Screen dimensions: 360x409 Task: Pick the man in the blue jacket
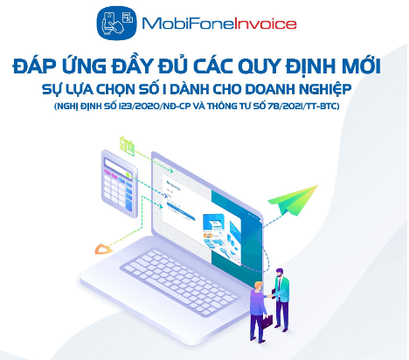coord(258,310)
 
